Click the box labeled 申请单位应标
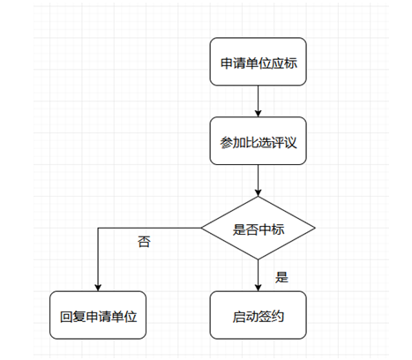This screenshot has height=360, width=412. [x=258, y=62]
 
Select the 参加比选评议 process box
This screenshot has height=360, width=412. [x=258, y=141]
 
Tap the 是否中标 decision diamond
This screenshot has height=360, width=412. [x=258, y=228]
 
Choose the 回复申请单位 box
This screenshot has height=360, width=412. [x=98, y=315]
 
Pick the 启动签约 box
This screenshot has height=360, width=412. [x=258, y=315]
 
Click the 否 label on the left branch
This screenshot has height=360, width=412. [x=144, y=242]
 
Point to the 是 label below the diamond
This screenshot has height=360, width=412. [x=281, y=277]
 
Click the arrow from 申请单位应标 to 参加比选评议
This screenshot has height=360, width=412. [x=258, y=101]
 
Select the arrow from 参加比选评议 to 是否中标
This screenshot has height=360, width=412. [x=258, y=181]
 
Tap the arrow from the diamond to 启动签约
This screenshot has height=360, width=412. [x=258, y=275]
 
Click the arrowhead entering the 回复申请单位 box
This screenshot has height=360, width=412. [x=98, y=288]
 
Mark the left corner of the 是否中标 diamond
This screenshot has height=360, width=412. [x=201, y=228]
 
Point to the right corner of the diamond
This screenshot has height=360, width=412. [x=315, y=228]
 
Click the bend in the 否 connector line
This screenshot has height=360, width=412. [x=98, y=228]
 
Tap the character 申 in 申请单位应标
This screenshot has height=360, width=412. [x=227, y=64]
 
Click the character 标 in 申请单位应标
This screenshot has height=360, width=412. [x=290, y=64]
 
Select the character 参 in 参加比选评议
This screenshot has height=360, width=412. [x=227, y=143]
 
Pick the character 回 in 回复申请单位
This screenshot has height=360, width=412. [x=66, y=317]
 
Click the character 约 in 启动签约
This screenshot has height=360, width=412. [x=277, y=317]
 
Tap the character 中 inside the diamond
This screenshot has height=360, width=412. [x=265, y=229]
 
